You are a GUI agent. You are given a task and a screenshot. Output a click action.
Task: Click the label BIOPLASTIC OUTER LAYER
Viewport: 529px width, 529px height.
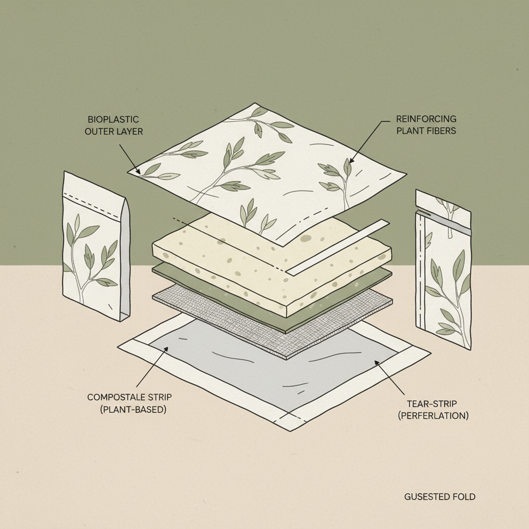click(114, 125)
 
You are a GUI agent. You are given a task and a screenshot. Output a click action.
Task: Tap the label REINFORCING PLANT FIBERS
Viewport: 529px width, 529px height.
click(426, 125)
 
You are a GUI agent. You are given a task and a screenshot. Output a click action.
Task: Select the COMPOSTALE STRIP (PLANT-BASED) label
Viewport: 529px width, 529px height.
click(130, 403)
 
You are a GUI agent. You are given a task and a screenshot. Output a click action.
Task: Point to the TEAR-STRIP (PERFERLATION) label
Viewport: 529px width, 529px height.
click(433, 410)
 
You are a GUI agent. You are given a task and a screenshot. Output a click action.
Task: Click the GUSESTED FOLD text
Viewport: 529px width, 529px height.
click(440, 496)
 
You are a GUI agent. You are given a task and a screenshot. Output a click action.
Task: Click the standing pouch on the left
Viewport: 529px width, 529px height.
click(97, 246)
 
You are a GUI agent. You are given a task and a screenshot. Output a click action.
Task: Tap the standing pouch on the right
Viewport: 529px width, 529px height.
click(443, 269)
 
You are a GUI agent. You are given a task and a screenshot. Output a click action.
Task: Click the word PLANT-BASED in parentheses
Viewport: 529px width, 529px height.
click(133, 410)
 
